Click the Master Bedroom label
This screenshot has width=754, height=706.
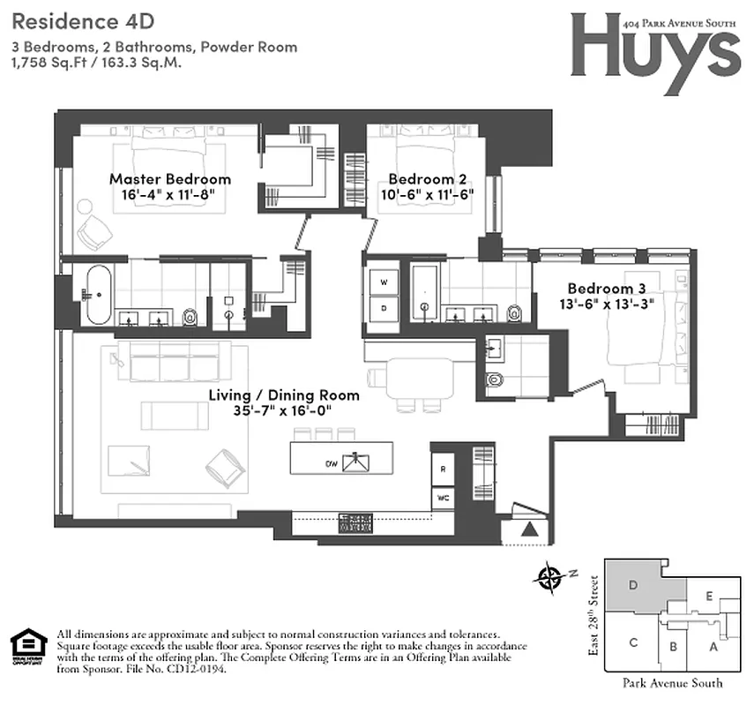click(x=169, y=179)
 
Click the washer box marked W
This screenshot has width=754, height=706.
click(x=384, y=282)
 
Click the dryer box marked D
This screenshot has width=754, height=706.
click(x=384, y=308)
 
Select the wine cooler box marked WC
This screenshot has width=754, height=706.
click(x=443, y=498)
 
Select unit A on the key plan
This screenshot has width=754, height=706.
click(x=713, y=647)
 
